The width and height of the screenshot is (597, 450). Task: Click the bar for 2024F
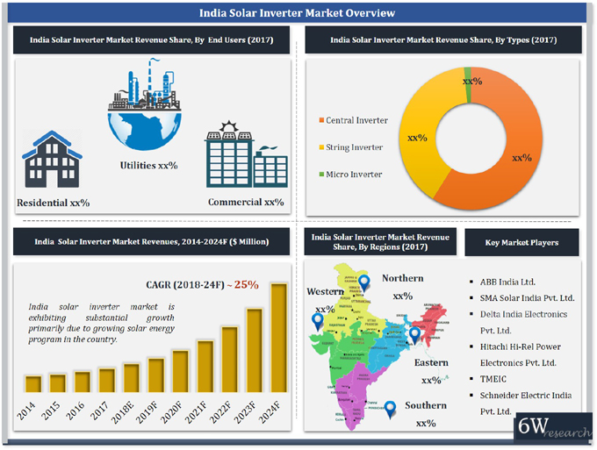pos(278,338)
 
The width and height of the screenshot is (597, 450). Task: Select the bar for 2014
pos(33,384)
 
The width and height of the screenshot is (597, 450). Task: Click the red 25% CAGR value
pos(246,284)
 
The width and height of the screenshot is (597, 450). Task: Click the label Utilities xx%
pos(148,165)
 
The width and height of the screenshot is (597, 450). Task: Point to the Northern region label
pos(402,278)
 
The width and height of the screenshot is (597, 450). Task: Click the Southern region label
pos(426,405)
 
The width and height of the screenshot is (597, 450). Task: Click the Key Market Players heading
pos(521,242)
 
